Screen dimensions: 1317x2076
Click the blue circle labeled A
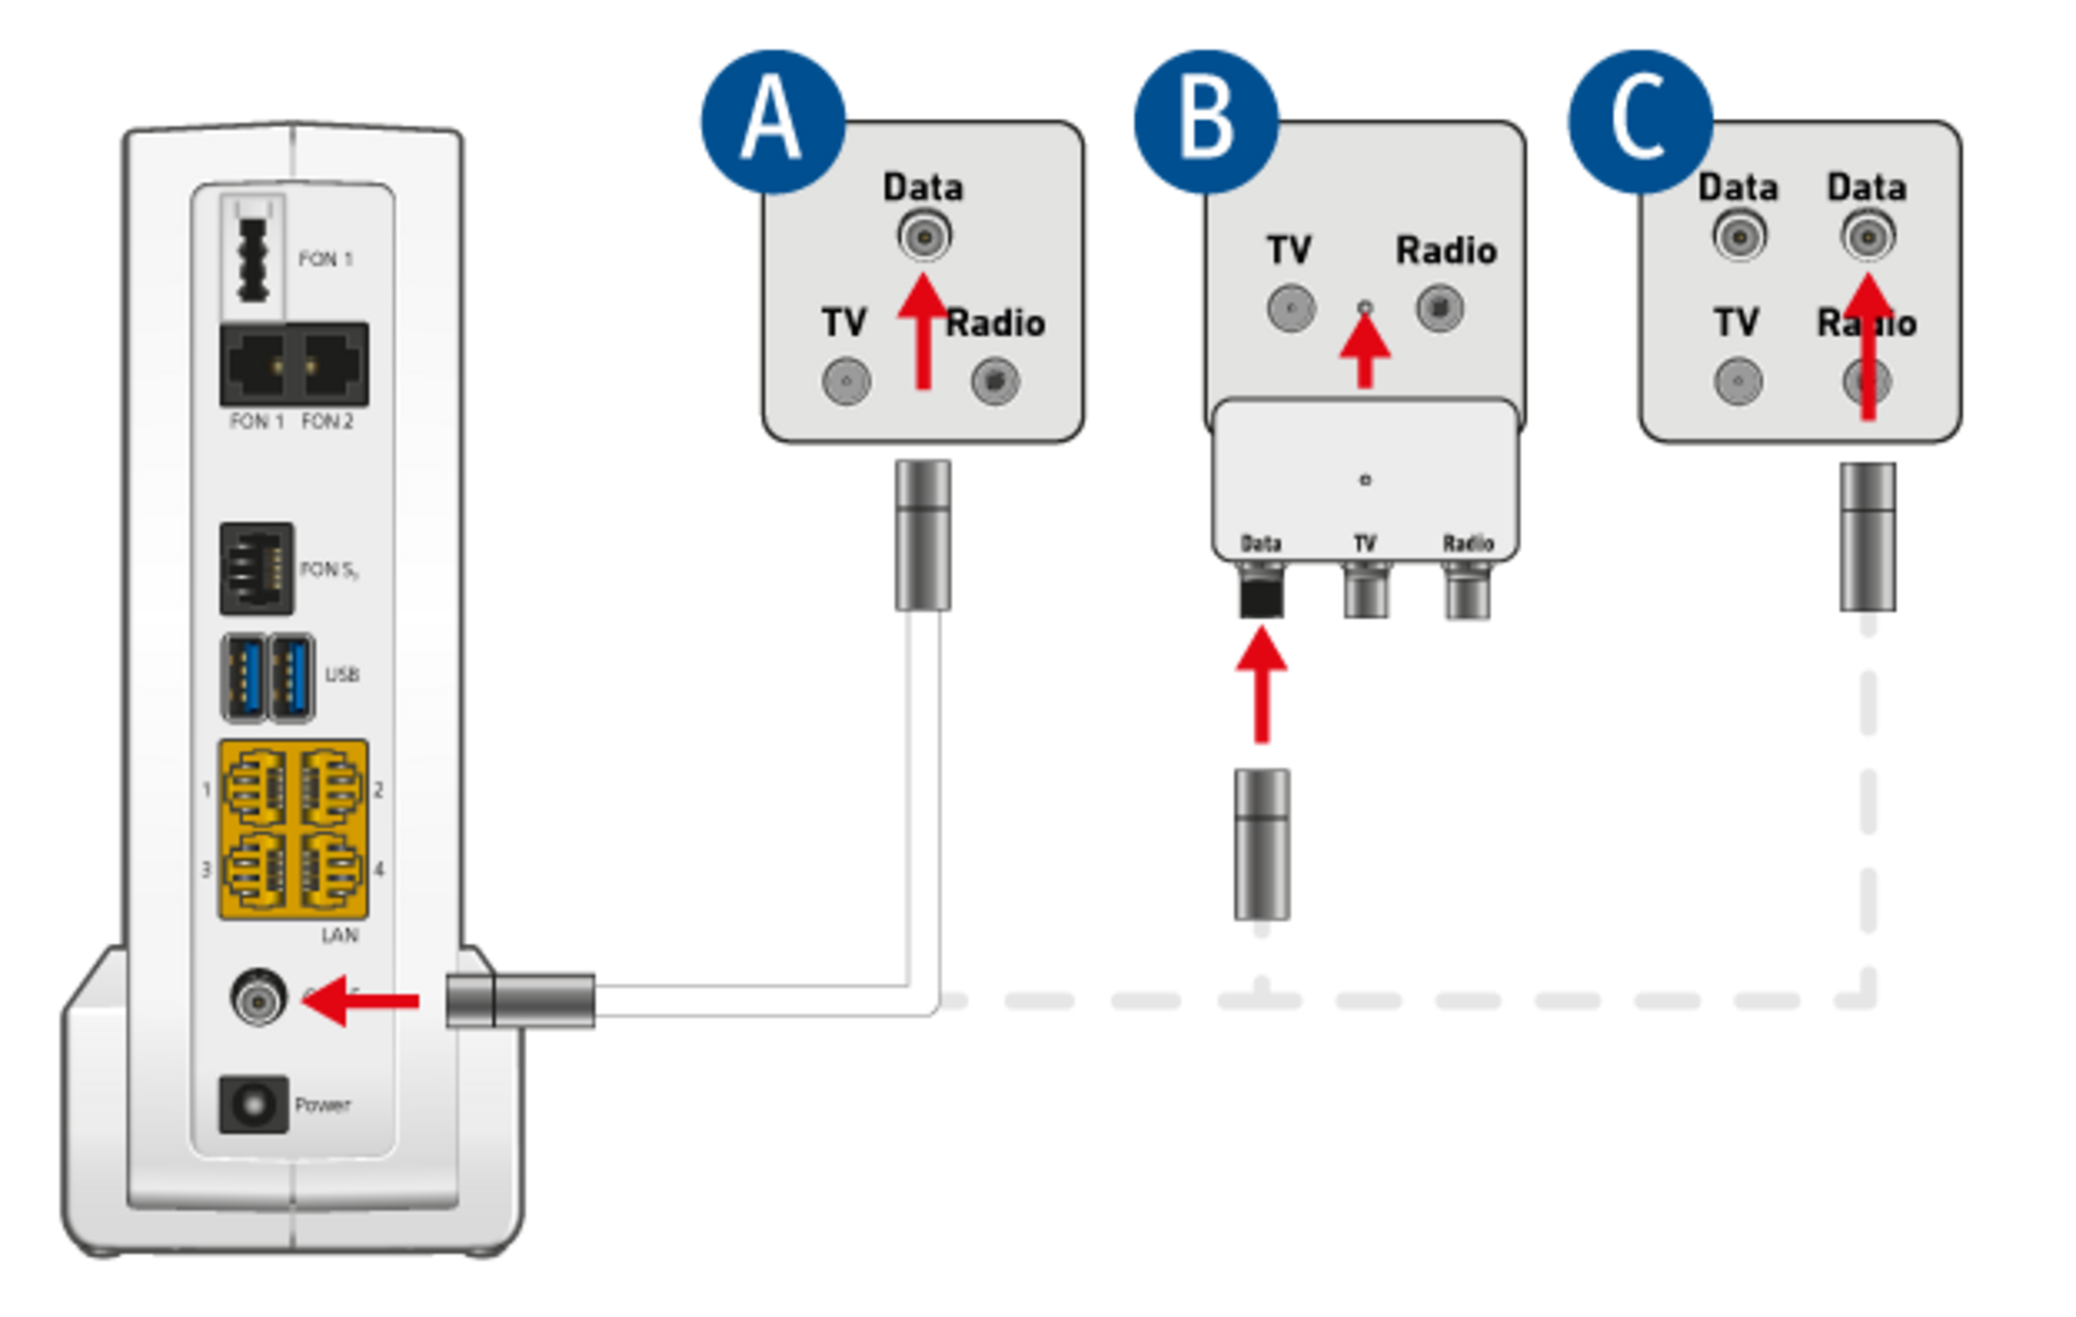[771, 120]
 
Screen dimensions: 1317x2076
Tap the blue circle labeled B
[1205, 120]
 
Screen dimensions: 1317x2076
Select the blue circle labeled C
[1638, 120]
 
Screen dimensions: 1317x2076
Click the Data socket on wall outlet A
[923, 236]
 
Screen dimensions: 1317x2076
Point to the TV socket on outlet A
[846, 380]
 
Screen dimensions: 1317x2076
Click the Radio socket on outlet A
[995, 380]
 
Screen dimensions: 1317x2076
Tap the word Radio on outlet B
[1446, 251]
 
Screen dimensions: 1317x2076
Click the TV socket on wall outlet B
[1290, 308]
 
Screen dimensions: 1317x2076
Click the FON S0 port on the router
[256, 569]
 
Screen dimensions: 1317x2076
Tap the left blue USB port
[244, 677]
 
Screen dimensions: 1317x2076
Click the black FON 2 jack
[331, 365]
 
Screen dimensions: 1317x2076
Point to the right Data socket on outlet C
[1868, 236]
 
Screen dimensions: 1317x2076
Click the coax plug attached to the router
[522, 1001]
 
